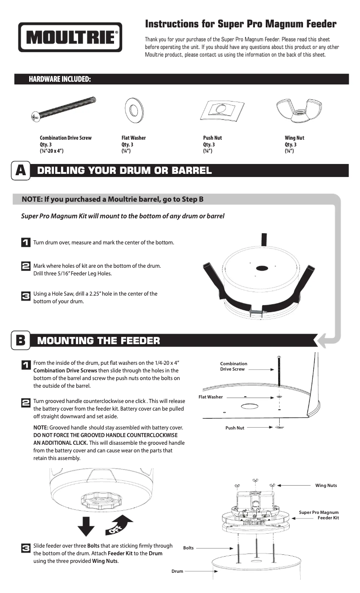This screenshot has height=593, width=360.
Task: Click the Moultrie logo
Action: (70, 37)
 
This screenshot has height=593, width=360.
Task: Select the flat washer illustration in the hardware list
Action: (133, 110)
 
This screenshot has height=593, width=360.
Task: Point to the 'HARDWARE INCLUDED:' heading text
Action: (60, 80)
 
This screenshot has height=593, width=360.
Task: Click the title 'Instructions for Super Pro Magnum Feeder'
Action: (241, 24)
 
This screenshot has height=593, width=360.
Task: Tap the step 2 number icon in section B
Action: (26, 403)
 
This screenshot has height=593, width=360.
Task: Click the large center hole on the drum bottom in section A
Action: (262, 268)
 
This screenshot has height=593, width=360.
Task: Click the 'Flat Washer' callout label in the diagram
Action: (211, 397)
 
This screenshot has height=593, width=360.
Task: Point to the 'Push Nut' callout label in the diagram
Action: (235, 428)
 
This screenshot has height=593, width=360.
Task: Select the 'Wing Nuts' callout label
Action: (326, 485)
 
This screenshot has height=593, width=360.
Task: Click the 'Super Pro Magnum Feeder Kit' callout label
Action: (319, 515)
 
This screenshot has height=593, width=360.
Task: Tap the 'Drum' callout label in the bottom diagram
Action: (177, 571)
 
